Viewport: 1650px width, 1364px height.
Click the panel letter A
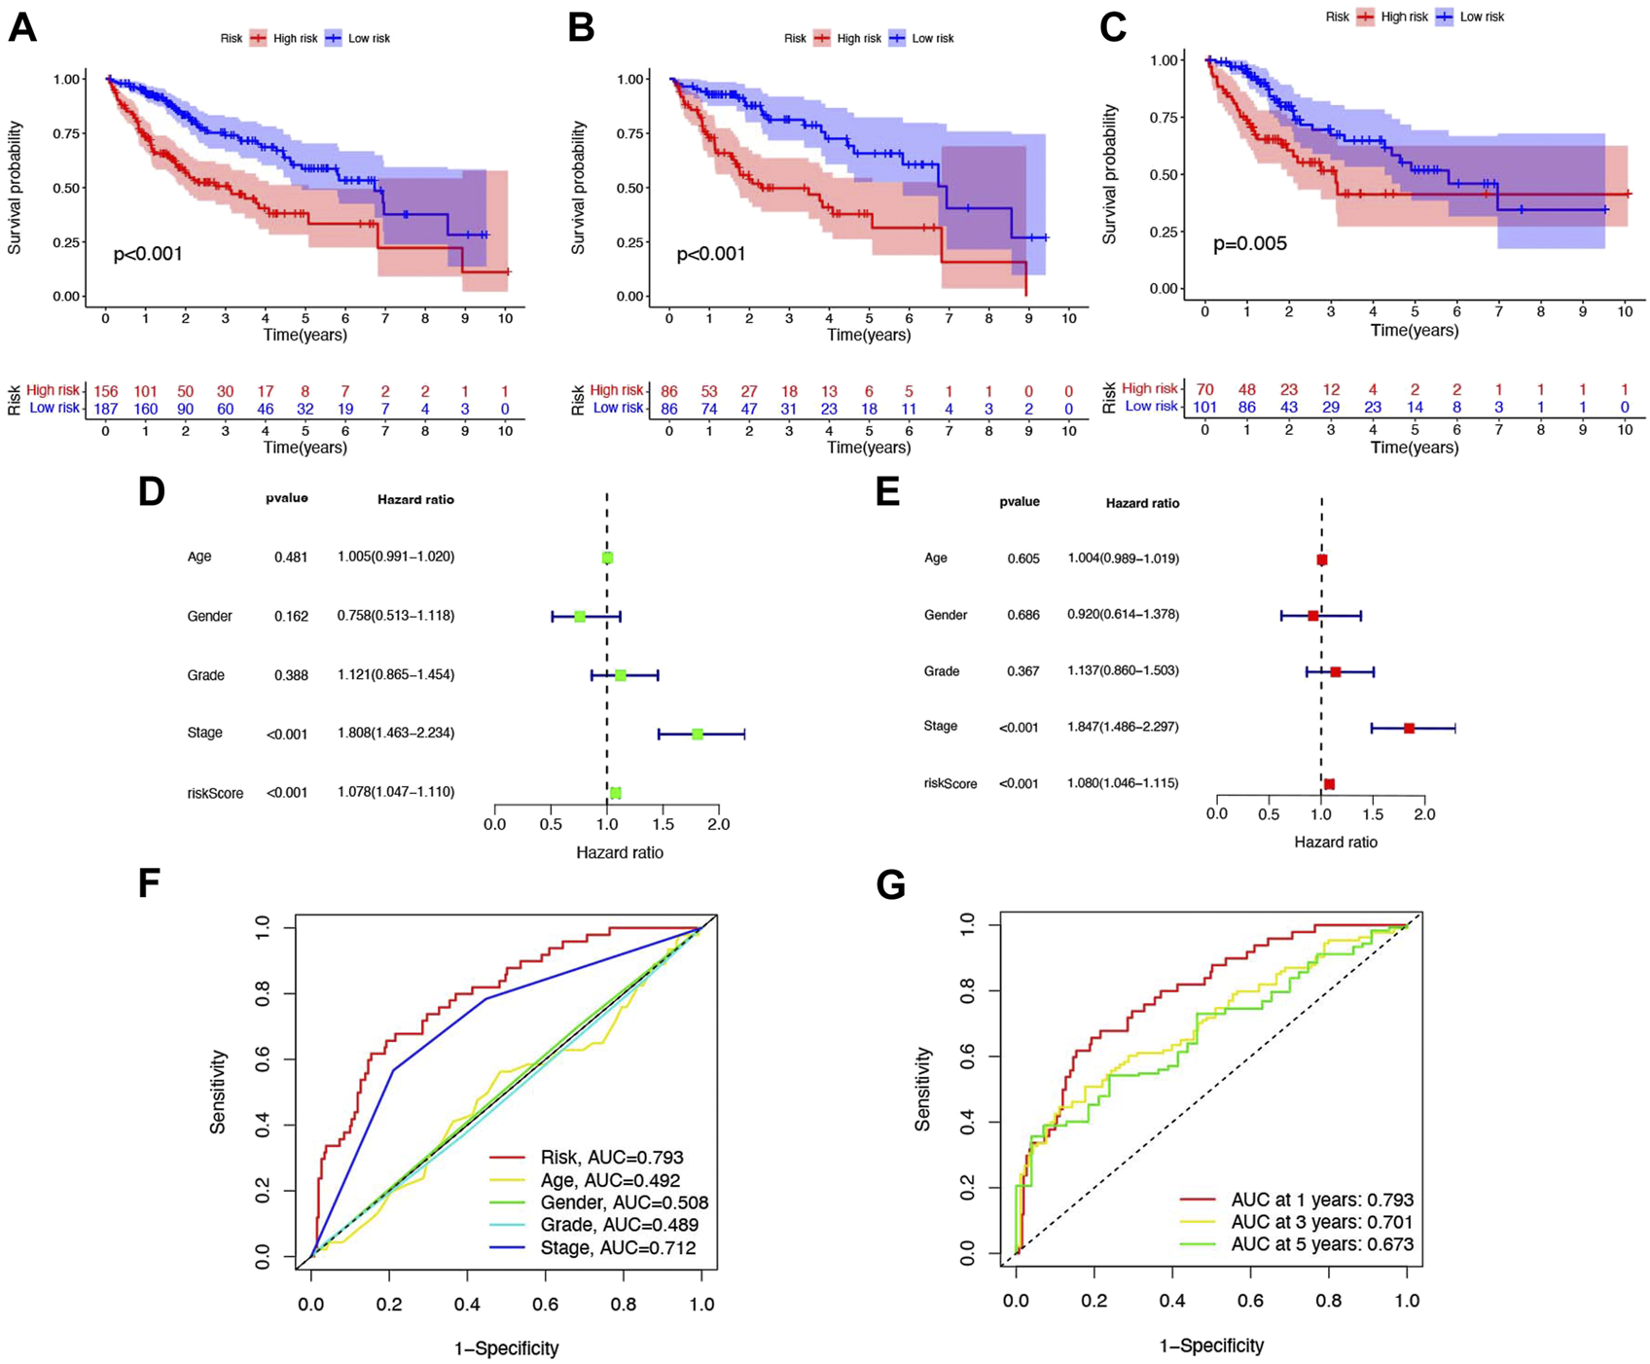coord(22,28)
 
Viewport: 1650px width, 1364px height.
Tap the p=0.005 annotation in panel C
coord(1250,243)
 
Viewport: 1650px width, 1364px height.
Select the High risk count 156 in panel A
coord(105,391)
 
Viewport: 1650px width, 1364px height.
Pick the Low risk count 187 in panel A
coord(105,409)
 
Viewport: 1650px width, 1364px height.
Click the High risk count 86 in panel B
coord(669,391)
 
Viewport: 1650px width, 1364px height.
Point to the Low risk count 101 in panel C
coord(1205,407)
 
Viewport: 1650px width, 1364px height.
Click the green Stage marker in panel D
coord(698,734)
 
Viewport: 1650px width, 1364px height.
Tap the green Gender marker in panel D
coord(580,617)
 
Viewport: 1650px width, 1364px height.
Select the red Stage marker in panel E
coord(1409,728)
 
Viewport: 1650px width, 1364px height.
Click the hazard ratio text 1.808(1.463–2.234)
coord(396,733)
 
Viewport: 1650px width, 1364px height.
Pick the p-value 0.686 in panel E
coord(1023,615)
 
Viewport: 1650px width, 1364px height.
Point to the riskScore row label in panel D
coord(215,793)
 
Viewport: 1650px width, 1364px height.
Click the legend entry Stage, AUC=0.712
coord(618,1247)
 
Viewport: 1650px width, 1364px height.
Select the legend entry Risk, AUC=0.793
coord(612,1158)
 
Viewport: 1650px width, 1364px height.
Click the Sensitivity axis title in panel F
coord(218,1091)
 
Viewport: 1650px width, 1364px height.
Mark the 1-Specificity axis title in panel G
coord(1211,1346)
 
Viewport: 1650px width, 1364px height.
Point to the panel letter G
coord(891,884)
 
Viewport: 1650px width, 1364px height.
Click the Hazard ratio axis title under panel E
coord(1336,842)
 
